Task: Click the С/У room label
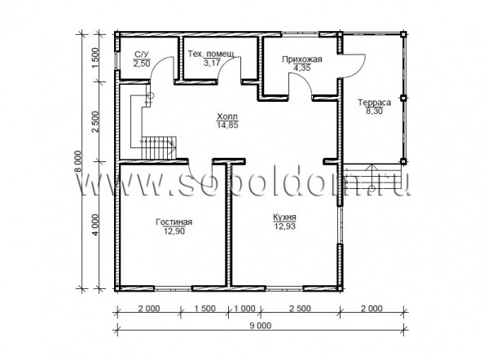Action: click(x=142, y=55)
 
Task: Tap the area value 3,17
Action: click(x=212, y=63)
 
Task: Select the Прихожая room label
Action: click(x=302, y=59)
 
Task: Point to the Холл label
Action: click(x=227, y=116)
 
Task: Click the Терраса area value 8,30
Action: click(x=374, y=111)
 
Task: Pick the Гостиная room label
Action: click(x=174, y=222)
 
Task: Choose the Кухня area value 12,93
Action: click(x=284, y=226)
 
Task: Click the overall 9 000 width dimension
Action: click(x=260, y=326)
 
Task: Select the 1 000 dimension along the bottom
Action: click(x=244, y=309)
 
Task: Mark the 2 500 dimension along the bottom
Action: click(x=300, y=309)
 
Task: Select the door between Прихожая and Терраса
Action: click(x=354, y=66)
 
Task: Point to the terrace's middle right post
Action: click(x=402, y=98)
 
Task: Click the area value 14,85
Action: click(x=227, y=125)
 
